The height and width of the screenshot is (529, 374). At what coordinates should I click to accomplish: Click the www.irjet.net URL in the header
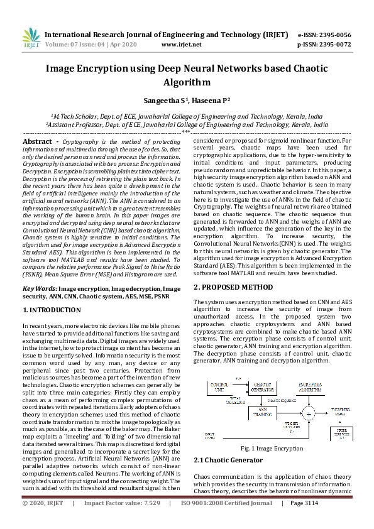[x=181, y=45]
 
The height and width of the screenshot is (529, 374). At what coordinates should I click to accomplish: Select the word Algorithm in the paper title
[x=187, y=82]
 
